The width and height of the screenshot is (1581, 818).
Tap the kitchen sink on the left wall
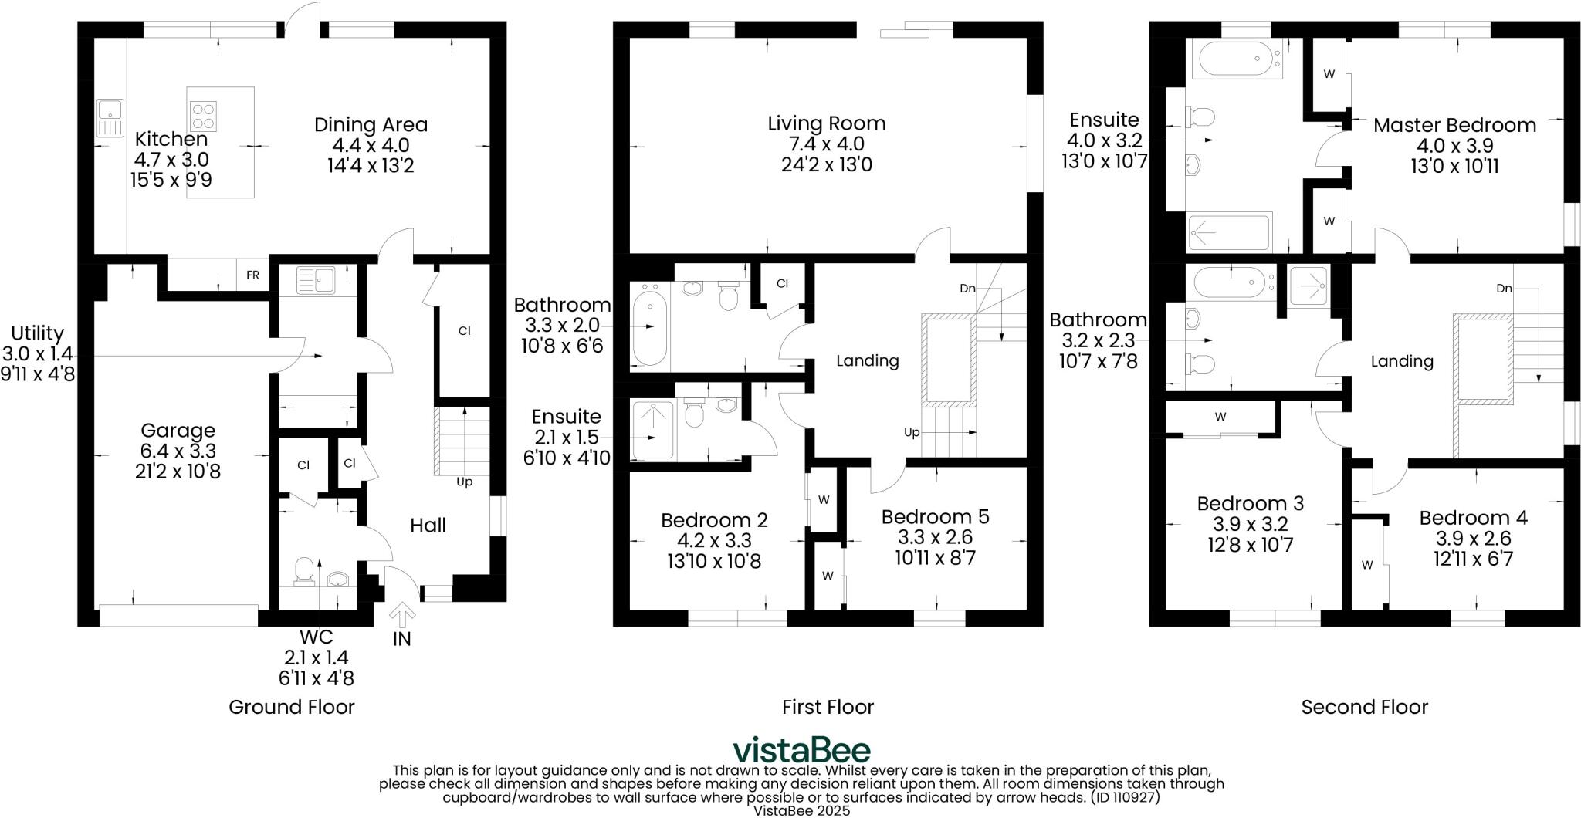(x=109, y=118)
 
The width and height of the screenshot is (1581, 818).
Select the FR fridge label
(x=252, y=275)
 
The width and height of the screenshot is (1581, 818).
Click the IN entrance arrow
(x=402, y=618)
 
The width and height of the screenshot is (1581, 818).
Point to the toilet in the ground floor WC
(x=304, y=572)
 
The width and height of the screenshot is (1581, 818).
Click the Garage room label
(x=178, y=431)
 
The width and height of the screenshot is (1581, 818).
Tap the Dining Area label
(x=371, y=124)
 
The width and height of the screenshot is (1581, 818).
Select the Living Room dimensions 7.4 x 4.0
(x=827, y=144)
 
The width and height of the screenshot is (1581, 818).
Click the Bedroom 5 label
(x=935, y=516)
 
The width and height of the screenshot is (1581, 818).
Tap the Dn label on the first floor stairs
(x=967, y=289)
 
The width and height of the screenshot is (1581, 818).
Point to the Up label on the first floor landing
(x=912, y=433)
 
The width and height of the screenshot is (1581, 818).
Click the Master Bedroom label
(x=1454, y=125)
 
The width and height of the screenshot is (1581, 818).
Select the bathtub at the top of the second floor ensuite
(x=1237, y=59)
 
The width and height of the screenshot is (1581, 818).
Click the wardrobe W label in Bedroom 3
(x=1220, y=417)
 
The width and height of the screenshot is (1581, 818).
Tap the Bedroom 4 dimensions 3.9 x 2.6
(x=1473, y=539)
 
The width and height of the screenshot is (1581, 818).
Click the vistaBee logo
(x=801, y=750)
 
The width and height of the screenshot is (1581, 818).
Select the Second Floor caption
(x=1364, y=707)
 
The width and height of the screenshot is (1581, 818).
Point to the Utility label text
(x=37, y=333)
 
